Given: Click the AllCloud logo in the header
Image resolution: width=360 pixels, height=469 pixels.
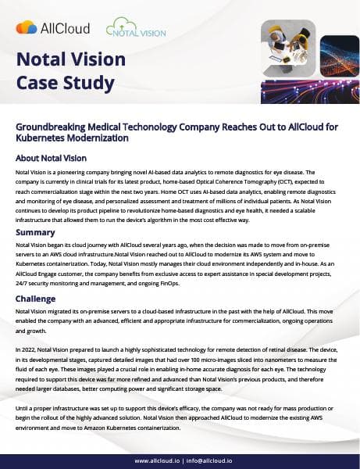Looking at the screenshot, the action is [52, 28].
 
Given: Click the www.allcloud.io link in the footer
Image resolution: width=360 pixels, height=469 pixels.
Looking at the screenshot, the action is [161, 461].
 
